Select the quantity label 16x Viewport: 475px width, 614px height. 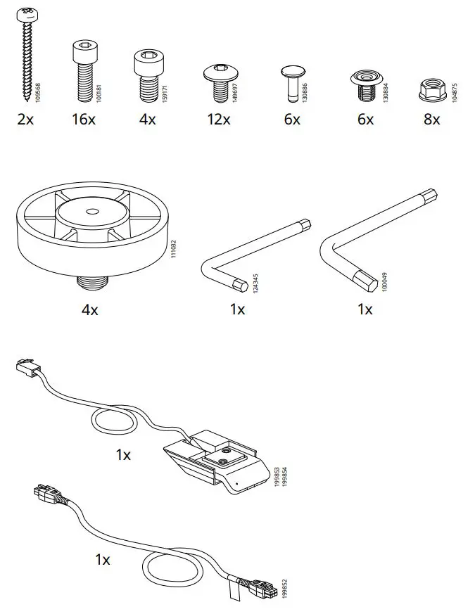(83, 120)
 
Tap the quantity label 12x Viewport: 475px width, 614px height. (218, 120)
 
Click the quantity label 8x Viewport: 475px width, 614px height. (431, 120)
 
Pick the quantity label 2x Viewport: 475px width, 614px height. (25, 120)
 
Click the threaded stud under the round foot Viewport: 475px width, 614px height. (91, 284)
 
